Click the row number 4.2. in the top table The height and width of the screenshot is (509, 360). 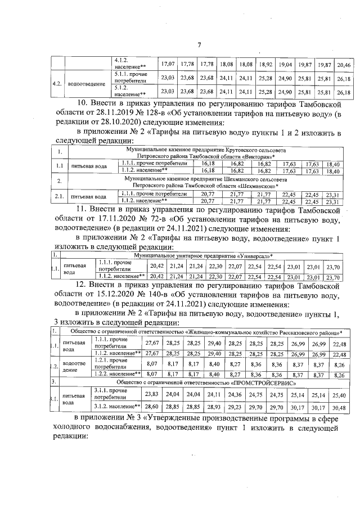point(57,84)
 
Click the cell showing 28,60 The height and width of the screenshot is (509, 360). point(152,406)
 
